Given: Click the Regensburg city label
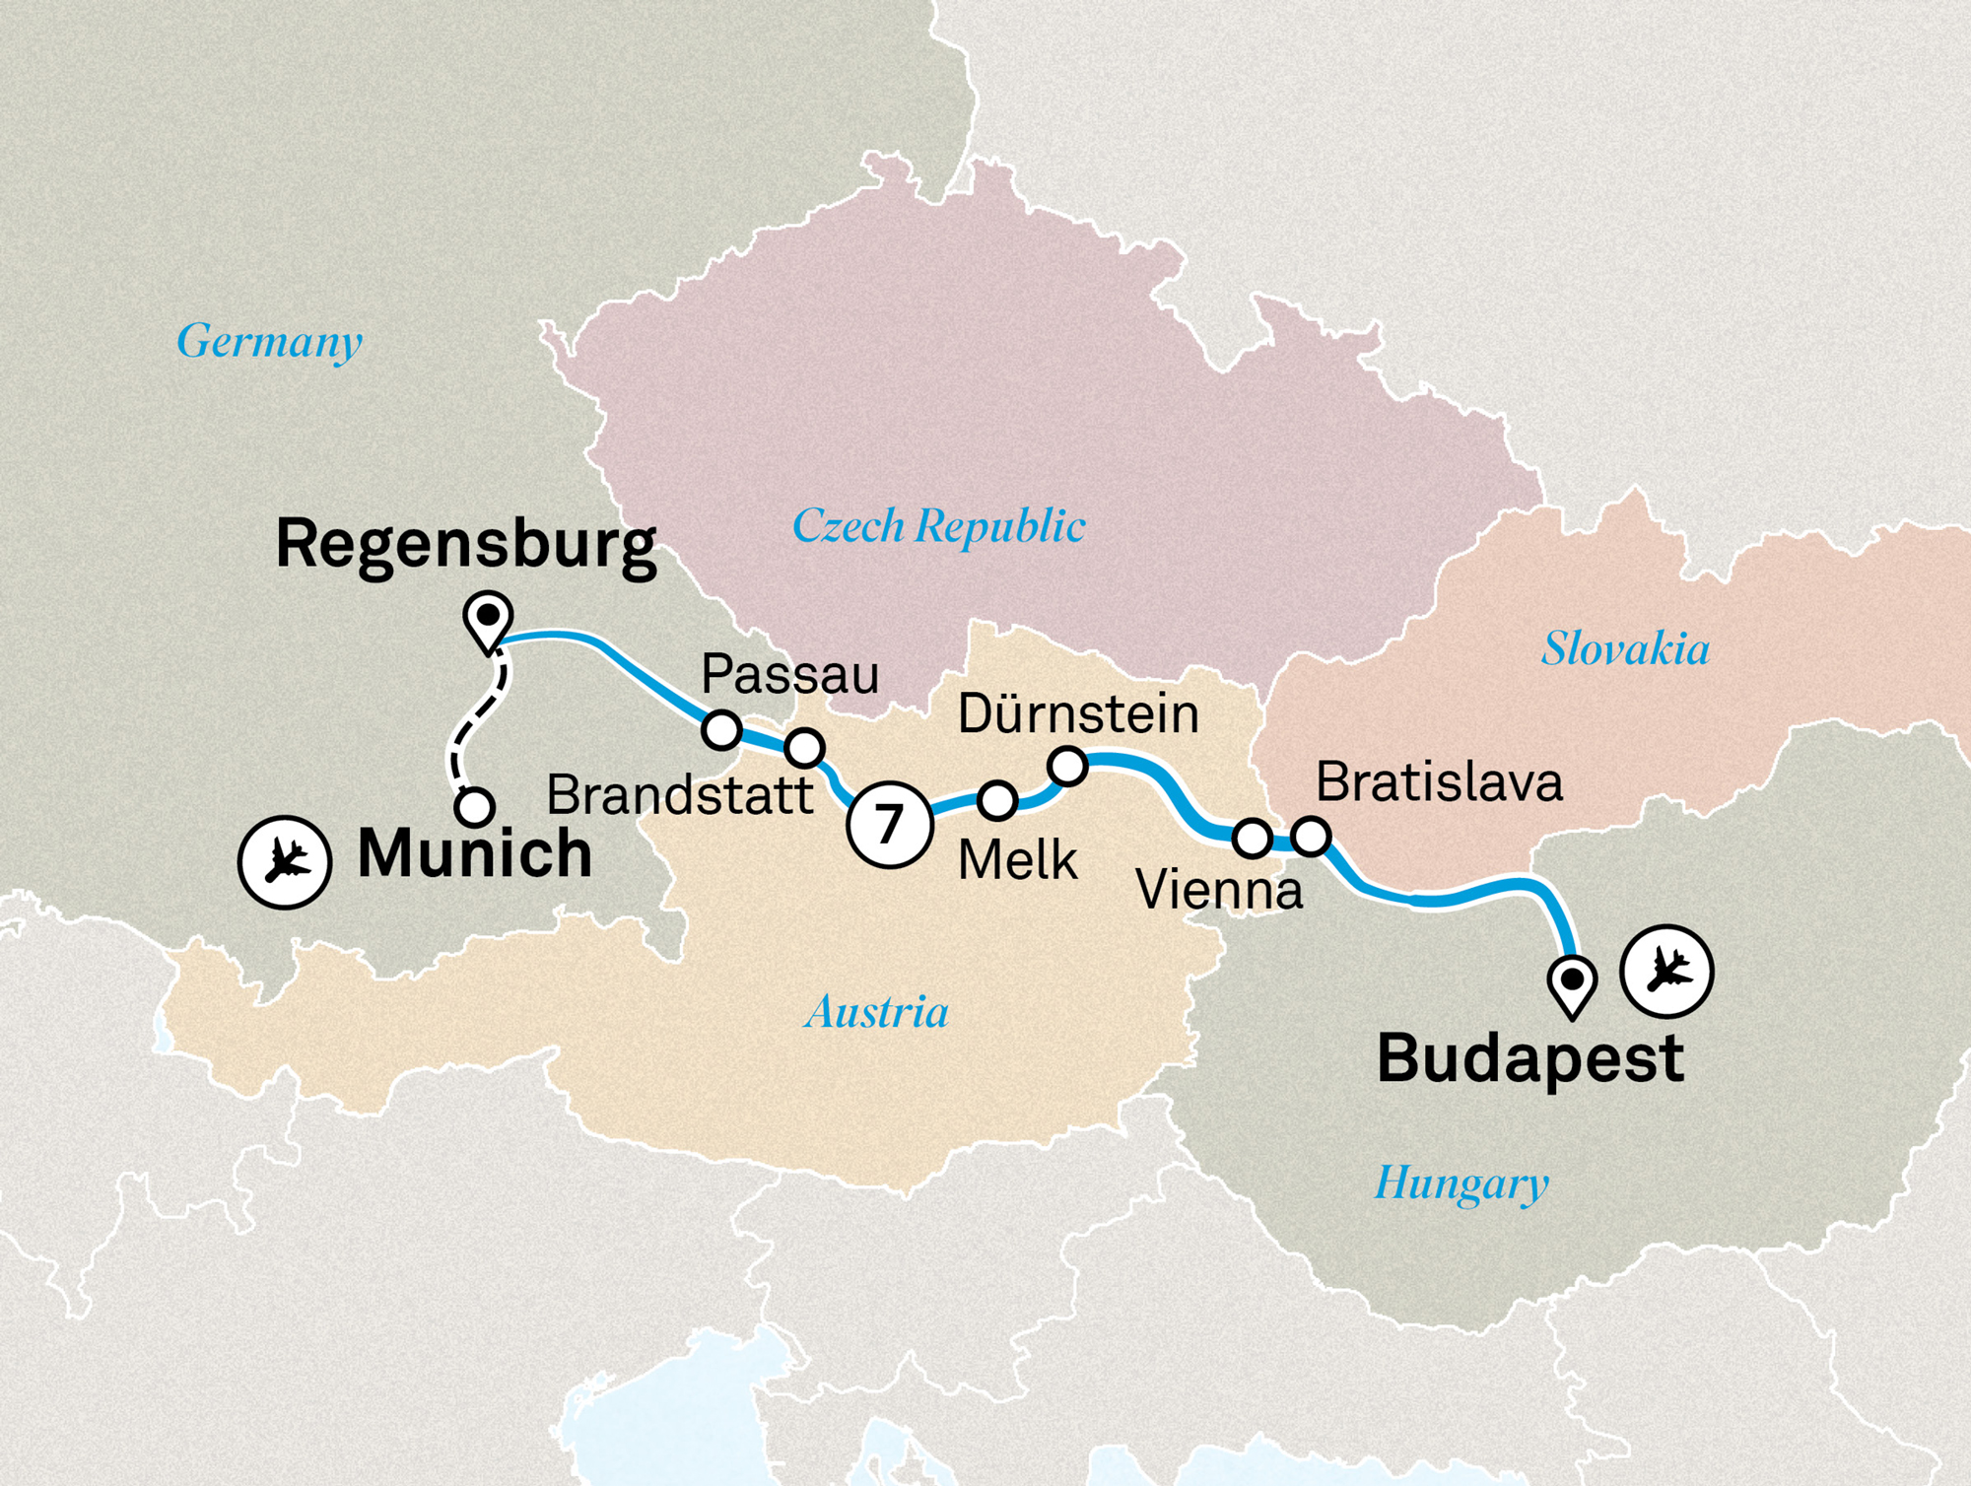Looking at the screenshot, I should point(466,544).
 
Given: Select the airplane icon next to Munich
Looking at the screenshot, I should point(285,861).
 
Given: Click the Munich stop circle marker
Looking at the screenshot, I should point(475,807).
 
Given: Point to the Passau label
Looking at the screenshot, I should point(789,675).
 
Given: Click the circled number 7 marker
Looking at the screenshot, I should point(889,824).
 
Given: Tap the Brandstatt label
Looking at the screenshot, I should point(680,794).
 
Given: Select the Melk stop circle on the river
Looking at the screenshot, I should point(997,800).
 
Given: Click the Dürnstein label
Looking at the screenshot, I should point(1078,713).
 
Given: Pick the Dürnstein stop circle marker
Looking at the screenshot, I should point(1067,766).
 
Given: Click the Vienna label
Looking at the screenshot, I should point(1219,890).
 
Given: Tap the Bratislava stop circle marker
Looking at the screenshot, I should point(1311,836).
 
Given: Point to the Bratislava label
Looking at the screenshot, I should point(1439,782).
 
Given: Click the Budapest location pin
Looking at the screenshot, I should point(1572,983).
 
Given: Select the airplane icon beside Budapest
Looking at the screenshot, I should point(1666,971).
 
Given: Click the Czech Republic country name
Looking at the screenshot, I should point(938,525).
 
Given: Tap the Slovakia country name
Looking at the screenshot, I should point(1625,648).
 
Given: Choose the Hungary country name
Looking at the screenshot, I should point(1461,1182).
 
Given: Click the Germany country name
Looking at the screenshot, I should point(269,341).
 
